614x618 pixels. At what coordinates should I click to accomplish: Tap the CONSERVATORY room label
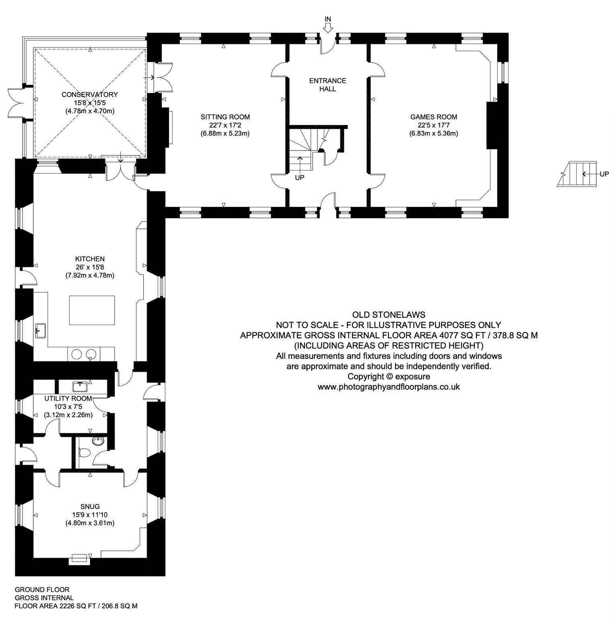point(90,95)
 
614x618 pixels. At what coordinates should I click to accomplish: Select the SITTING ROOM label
point(225,117)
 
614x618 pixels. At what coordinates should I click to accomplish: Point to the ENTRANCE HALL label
point(328,84)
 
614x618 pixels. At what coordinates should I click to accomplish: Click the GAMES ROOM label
point(434,117)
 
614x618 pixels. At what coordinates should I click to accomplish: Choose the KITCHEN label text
point(90,259)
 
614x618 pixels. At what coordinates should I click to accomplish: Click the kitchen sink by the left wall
point(41,331)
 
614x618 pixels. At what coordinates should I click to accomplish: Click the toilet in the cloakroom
point(84,453)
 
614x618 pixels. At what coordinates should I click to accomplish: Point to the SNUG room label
point(90,507)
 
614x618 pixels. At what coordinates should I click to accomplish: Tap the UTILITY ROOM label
point(68,398)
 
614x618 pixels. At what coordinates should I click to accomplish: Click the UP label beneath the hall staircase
point(300,177)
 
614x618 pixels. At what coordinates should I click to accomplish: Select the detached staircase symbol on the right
point(577,174)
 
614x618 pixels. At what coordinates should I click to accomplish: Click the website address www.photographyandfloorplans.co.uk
point(389,387)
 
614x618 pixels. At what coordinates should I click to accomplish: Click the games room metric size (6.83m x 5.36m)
point(434,134)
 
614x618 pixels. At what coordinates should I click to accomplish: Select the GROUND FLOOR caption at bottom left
point(42,590)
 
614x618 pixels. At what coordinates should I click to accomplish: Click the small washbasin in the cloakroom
point(98,441)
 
